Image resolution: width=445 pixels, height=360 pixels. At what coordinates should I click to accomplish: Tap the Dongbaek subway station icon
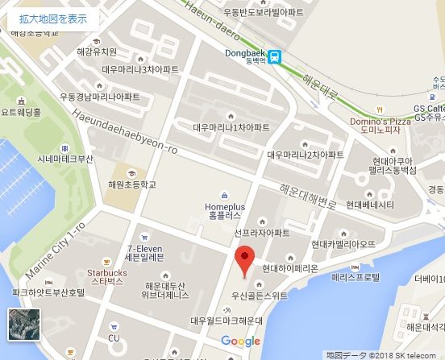click(276, 56)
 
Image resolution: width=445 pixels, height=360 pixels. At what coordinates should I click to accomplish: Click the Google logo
click(240, 341)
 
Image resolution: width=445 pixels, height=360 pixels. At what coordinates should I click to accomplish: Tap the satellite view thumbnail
click(23, 324)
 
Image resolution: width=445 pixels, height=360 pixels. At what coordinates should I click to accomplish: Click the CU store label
click(114, 337)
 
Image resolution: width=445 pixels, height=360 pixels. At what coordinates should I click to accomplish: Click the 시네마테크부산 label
click(66, 159)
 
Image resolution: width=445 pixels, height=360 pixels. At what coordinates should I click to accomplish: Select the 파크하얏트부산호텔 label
click(48, 292)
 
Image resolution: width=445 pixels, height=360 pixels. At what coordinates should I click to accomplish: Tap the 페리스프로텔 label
click(356, 276)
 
